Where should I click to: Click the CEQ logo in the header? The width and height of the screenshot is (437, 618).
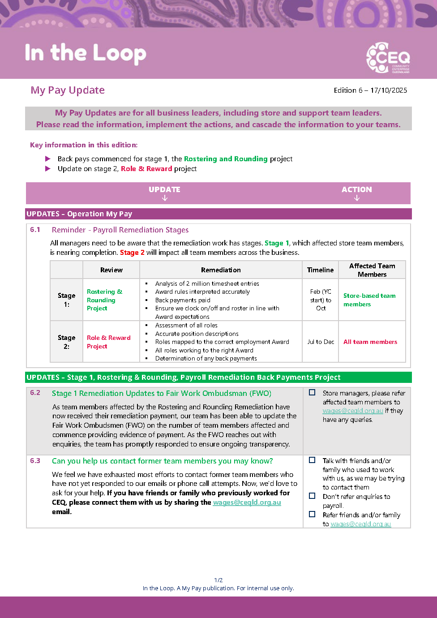[x=388, y=58]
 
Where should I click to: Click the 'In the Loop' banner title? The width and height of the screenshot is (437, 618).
[x=86, y=53]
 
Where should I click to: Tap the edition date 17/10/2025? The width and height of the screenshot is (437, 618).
[x=389, y=90]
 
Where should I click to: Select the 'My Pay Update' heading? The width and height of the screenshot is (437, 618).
[x=68, y=90]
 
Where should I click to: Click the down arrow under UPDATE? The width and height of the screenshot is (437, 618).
[x=165, y=198]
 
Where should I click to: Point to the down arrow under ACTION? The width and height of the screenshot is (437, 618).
[x=357, y=198]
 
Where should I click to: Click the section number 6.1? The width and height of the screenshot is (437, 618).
[x=35, y=230]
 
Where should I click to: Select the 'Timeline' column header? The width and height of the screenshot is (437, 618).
[x=320, y=270]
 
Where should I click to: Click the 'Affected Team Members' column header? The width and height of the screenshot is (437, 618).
[x=372, y=270]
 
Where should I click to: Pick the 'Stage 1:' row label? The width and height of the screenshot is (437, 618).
[x=66, y=300]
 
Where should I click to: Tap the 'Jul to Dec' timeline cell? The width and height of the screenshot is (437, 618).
[x=321, y=342]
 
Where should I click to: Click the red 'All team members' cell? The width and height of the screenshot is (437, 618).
[x=370, y=342]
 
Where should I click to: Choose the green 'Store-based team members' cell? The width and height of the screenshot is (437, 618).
[x=369, y=300]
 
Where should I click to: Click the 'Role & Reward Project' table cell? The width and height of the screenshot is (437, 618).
[x=109, y=342]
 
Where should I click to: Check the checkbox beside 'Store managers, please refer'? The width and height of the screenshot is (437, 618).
[x=312, y=392]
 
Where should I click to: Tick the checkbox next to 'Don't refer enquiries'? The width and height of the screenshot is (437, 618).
[x=312, y=496]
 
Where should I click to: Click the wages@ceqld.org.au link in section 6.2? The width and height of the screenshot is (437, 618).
[x=353, y=411]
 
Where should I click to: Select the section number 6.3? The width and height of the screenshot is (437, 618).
[x=35, y=461]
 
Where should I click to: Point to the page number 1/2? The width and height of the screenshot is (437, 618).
[x=218, y=580]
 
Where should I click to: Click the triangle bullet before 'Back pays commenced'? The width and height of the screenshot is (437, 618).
[x=48, y=159]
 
